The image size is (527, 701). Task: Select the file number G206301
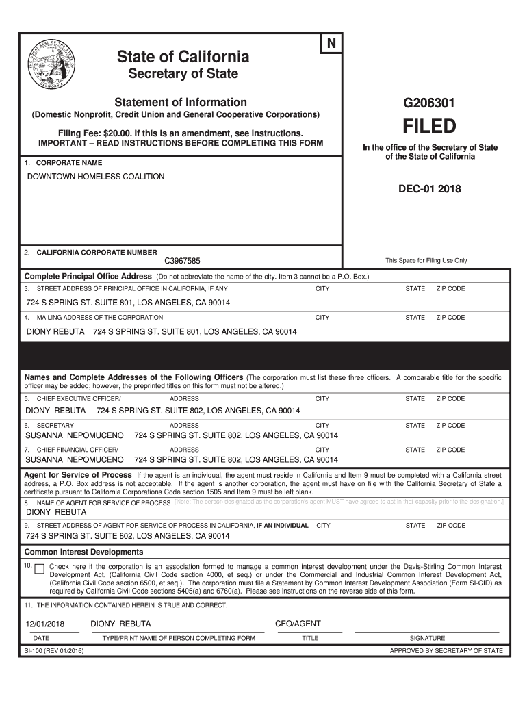tap(429, 103)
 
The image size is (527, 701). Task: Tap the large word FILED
tap(429, 127)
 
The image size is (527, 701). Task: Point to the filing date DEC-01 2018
tap(429, 189)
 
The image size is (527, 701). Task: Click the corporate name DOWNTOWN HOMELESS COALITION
tap(96, 177)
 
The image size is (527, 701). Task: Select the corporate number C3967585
tap(182, 261)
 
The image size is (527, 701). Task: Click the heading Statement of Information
tap(181, 102)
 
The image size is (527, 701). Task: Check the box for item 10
tap(39, 569)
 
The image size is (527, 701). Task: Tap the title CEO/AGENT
tap(297, 624)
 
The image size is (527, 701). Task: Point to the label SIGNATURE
tap(427, 638)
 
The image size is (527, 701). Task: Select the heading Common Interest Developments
tap(83, 552)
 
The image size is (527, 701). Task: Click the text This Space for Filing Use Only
tap(426, 261)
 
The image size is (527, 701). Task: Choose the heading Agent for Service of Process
tap(78, 475)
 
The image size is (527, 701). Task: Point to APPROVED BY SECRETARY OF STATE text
tap(446, 651)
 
